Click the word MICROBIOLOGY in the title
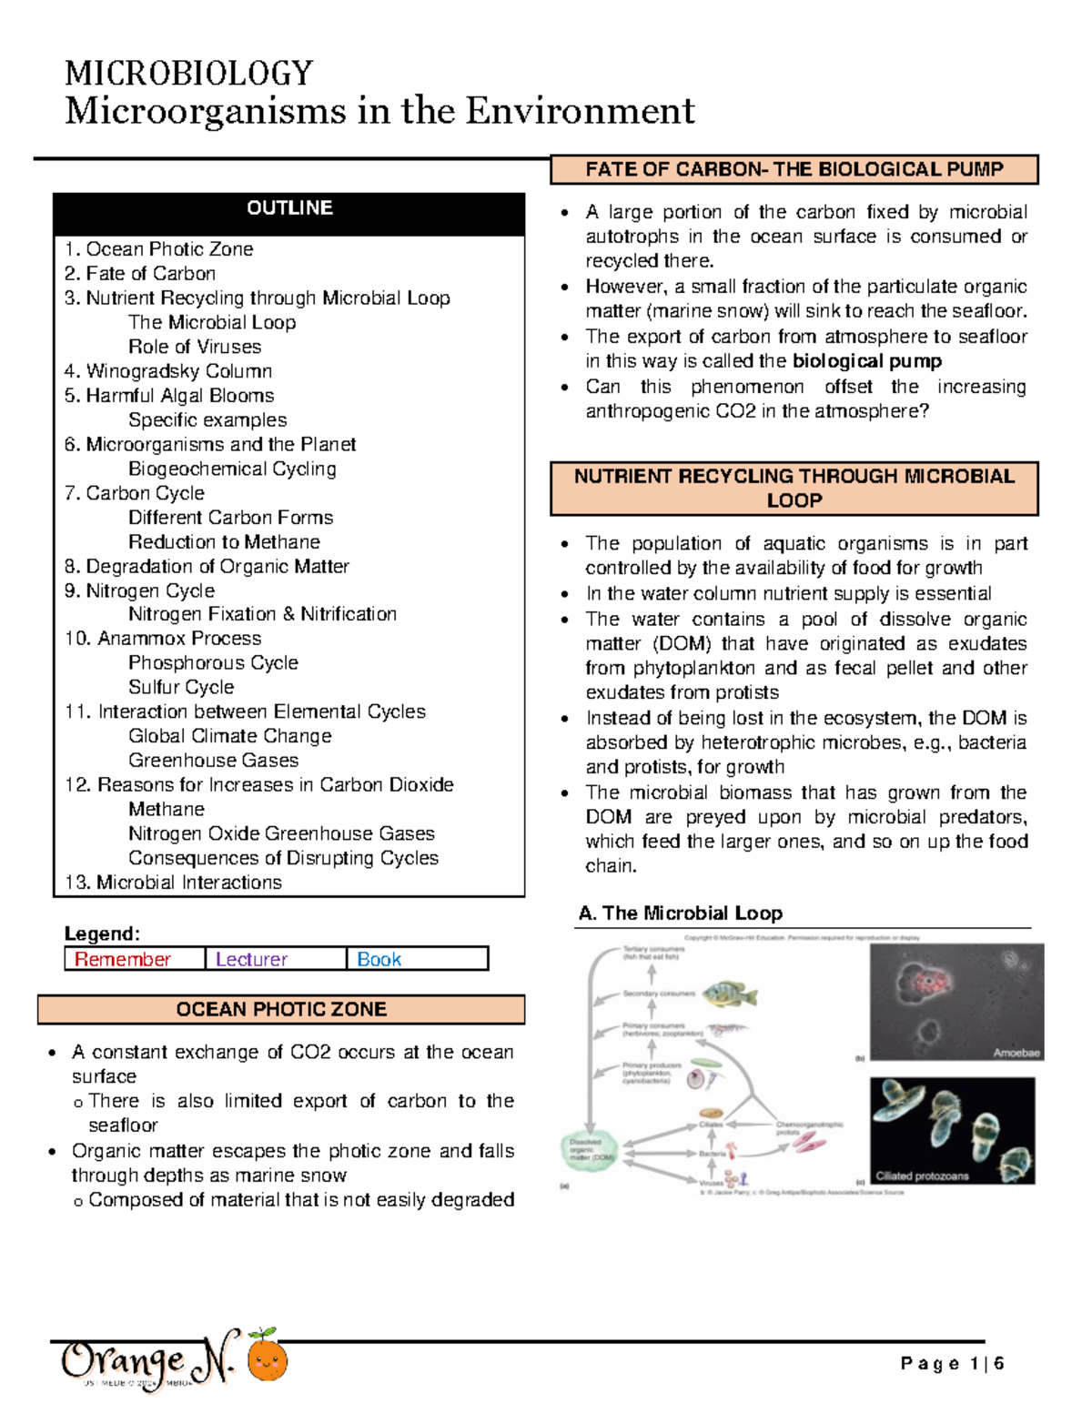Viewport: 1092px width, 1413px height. pos(189,73)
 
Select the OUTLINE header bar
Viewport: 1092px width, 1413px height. pos(289,209)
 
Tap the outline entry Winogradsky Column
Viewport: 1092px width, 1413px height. pos(168,371)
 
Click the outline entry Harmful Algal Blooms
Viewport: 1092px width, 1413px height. pos(169,396)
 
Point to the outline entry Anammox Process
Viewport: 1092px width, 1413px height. pos(163,639)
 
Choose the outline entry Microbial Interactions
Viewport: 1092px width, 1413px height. pos(173,883)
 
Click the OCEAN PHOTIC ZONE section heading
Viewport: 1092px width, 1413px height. pos(281,1009)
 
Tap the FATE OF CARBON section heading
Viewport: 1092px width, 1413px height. pos(794,169)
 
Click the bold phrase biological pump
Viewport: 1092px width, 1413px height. pos(867,361)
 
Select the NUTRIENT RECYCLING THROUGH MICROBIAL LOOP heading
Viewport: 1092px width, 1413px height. pos(794,489)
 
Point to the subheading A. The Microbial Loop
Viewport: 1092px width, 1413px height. pos(680,913)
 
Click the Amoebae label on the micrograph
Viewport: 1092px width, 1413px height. pos(1016,1053)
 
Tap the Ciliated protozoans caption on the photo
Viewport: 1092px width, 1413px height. pos(922,1176)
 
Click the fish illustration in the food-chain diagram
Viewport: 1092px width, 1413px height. pos(731,993)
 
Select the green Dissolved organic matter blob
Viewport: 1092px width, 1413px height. pos(589,1150)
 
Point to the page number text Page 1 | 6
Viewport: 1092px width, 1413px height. pos(952,1364)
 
